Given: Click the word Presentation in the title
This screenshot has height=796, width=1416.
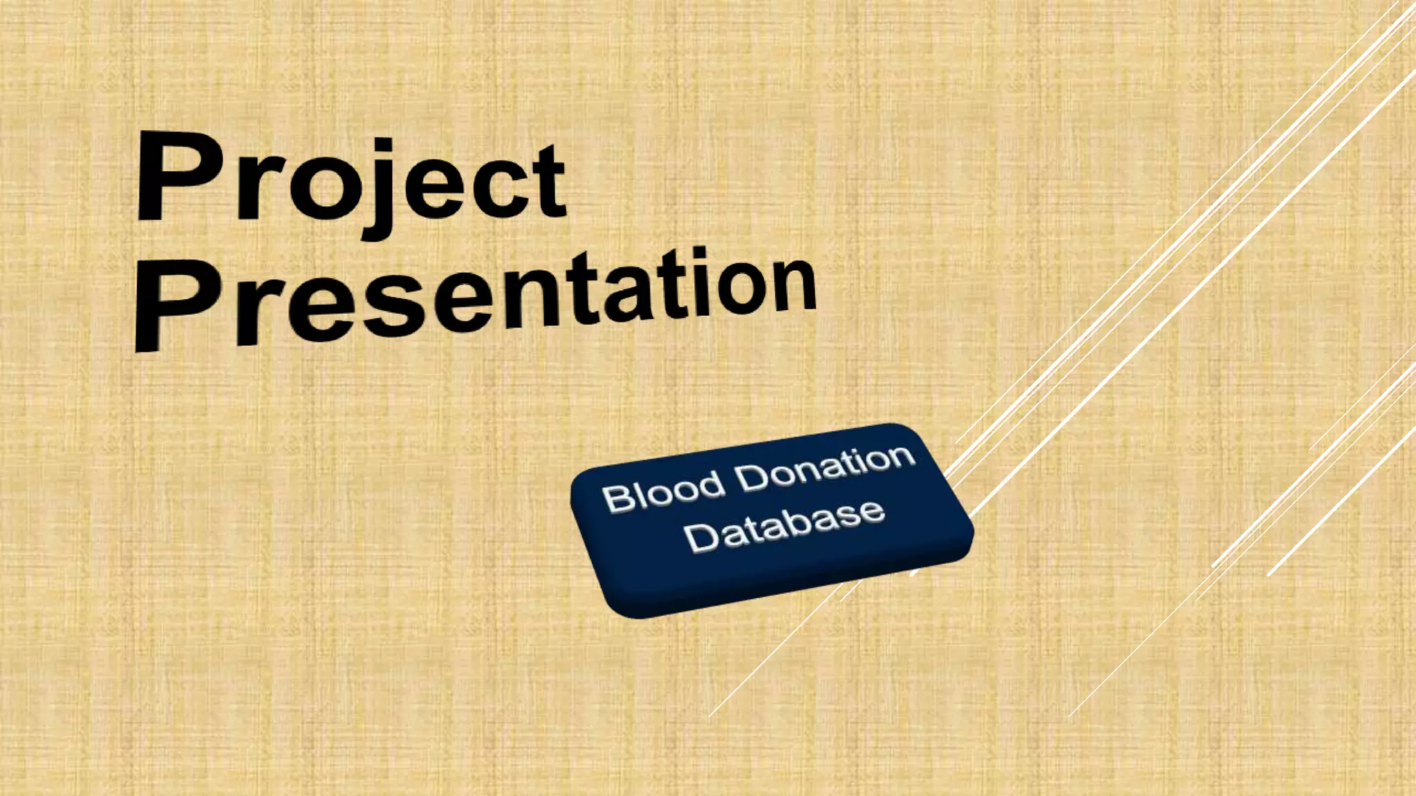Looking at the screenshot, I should pos(477,297).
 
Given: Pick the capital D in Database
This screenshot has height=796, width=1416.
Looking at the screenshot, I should pos(700,538).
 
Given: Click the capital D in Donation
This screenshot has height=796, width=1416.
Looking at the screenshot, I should pos(751,478).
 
